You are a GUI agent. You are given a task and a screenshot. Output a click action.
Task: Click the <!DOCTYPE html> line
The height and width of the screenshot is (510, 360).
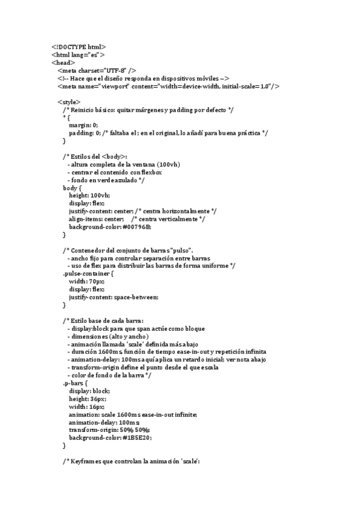pos(78,46)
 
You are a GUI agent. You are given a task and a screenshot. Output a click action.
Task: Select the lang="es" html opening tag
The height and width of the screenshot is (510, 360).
pos(78,54)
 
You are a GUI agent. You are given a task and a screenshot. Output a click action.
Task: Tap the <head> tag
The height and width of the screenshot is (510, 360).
pos(63,62)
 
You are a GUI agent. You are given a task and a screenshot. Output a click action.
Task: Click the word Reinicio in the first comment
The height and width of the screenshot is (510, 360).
pos(84,109)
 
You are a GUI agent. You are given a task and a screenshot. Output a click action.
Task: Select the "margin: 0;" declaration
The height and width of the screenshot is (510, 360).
pos(83,125)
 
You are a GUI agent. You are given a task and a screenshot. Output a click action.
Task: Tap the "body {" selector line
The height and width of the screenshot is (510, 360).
pos(72,188)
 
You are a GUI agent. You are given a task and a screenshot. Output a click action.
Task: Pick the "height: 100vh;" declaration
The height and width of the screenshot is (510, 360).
pos(89,195)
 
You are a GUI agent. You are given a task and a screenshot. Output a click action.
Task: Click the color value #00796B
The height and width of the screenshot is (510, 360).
pos(136,227)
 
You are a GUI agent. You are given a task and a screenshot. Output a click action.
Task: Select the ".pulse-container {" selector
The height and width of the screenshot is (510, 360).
pos(88,274)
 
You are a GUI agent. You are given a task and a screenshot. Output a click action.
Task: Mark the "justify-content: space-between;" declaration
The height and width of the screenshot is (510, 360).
pos(113,297)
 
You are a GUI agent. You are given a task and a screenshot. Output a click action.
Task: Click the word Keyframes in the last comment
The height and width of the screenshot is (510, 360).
pos(87,461)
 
